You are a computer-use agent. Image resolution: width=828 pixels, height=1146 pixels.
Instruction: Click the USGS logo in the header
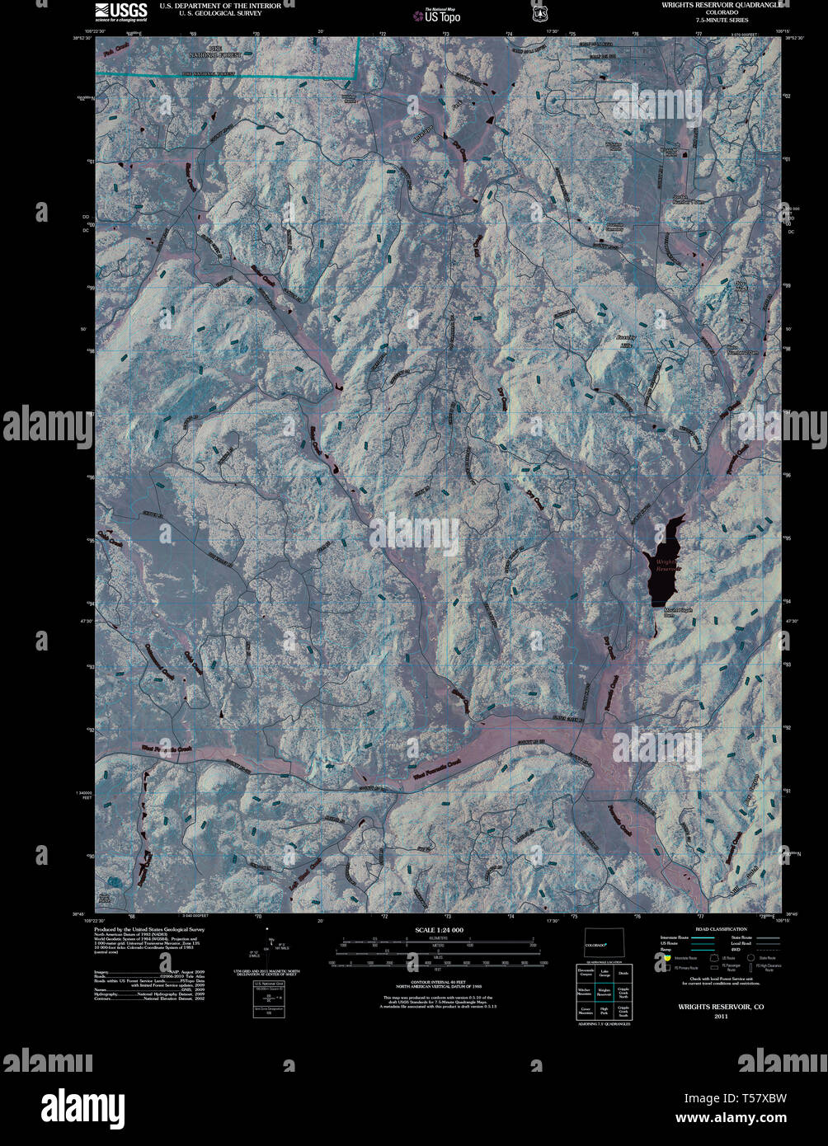click(x=120, y=11)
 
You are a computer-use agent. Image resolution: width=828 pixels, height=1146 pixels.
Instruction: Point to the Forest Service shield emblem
click(x=539, y=13)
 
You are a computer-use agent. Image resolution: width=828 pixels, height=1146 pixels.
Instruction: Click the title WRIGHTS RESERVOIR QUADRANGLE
click(x=720, y=4)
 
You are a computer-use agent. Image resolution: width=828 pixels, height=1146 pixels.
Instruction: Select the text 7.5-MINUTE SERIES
click(x=721, y=20)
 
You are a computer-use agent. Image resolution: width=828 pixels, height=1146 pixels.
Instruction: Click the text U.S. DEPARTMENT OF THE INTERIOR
click(x=220, y=5)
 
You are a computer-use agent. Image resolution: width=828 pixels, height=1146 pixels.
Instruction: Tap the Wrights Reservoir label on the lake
click(x=667, y=564)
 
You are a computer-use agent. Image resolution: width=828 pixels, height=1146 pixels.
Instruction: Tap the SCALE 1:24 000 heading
click(x=439, y=929)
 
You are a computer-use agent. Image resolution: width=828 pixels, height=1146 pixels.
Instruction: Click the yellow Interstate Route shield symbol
click(x=666, y=958)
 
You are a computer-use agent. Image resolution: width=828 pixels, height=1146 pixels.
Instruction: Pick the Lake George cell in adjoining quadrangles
click(x=605, y=975)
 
